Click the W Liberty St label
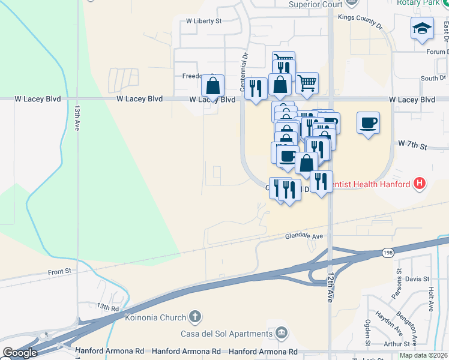(x=203, y=20)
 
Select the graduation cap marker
(x=422, y=28)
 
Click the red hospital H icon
(x=420, y=184)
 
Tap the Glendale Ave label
(x=304, y=236)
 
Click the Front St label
(x=59, y=272)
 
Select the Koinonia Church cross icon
(x=194, y=316)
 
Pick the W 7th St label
(x=412, y=145)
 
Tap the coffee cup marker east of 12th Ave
(x=368, y=123)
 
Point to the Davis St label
(x=417, y=279)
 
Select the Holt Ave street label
(x=430, y=298)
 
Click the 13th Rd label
(x=108, y=307)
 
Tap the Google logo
(x=20, y=353)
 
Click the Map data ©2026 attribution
(x=423, y=355)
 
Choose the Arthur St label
(x=397, y=344)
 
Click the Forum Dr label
(x=437, y=52)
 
